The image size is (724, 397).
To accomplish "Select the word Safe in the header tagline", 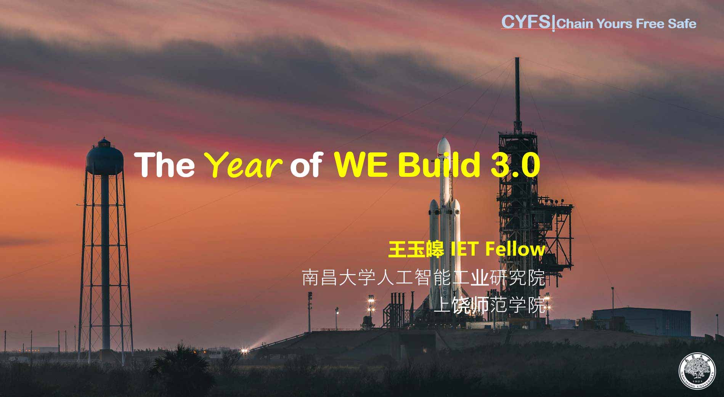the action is (x=682, y=24).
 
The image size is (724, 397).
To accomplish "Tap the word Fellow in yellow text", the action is (x=515, y=250).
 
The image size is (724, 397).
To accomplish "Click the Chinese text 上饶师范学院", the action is (x=490, y=305).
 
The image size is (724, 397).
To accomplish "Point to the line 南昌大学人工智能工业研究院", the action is (x=424, y=278).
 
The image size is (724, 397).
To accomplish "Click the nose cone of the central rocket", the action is (x=444, y=147).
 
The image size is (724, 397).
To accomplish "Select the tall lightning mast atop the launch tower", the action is (x=517, y=93).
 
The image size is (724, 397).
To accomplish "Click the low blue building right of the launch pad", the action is (x=641, y=322).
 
